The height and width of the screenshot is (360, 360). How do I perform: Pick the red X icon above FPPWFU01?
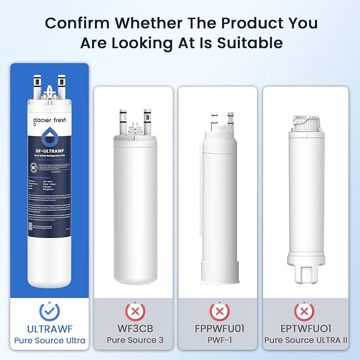tap(217, 311)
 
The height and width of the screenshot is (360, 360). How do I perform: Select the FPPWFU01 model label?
tap(217, 328)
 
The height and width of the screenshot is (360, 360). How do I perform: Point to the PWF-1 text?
tap(217, 340)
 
